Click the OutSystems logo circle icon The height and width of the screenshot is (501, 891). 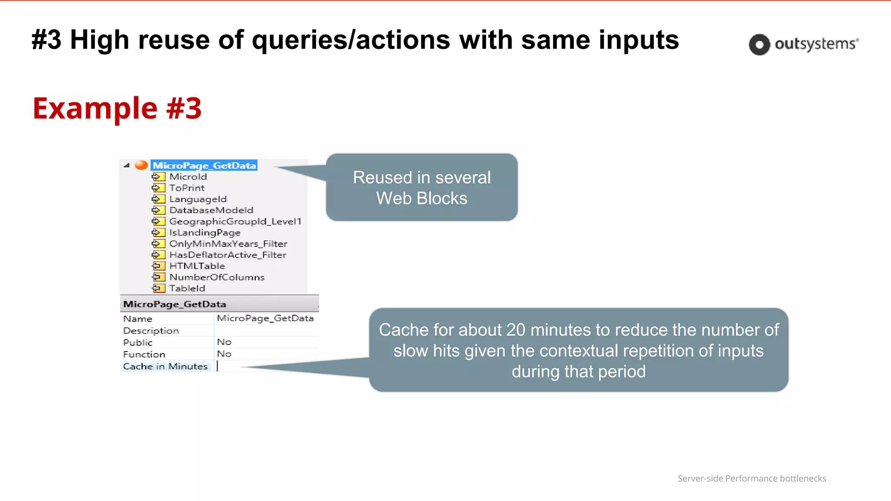[x=759, y=44]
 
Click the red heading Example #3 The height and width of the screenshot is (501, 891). [x=117, y=108]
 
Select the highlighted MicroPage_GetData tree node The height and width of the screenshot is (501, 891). [x=204, y=165]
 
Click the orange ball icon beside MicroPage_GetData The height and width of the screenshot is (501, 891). [x=141, y=165]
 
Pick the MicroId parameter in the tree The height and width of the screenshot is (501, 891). [x=188, y=177]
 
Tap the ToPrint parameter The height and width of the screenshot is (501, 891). [x=187, y=188]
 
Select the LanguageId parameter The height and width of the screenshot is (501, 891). [x=198, y=199]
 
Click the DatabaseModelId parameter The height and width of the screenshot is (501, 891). [x=211, y=210]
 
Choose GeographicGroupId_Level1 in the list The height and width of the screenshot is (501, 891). [x=235, y=221]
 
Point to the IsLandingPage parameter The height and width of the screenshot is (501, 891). [x=204, y=233]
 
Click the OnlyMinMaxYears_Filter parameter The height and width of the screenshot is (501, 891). [x=228, y=244]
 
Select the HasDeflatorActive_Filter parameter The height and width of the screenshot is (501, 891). [x=228, y=255]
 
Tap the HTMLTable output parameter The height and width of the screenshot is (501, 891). [x=197, y=266]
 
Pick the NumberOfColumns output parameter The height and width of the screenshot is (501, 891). [x=217, y=277]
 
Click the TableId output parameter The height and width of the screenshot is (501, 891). [x=187, y=288]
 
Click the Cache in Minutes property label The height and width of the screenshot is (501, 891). [x=165, y=366]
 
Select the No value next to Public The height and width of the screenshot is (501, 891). [x=224, y=342]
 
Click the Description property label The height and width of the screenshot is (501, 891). [x=151, y=331]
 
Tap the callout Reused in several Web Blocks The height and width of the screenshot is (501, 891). [x=422, y=187]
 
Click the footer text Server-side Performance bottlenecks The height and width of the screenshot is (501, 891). [x=751, y=478]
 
